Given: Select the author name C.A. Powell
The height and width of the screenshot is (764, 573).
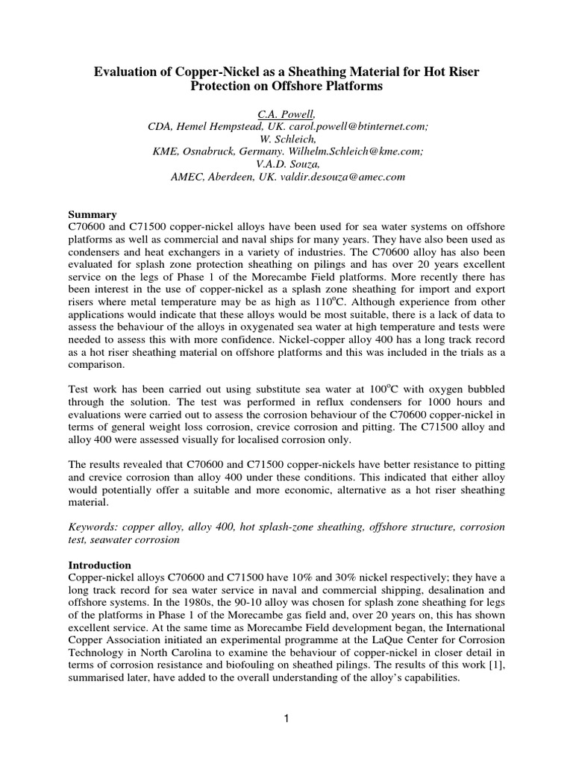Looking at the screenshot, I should (286, 113).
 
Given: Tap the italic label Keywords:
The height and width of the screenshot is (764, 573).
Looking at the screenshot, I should (95, 527).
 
